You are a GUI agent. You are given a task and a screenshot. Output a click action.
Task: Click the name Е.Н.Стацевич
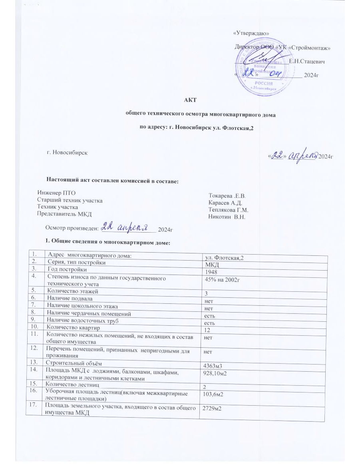tap(306, 62)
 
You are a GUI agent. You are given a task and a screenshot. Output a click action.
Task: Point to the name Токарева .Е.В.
tap(227, 196)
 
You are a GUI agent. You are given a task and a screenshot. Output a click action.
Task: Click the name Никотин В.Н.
tap(226, 217)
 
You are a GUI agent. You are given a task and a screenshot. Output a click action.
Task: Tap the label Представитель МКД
tap(64, 214)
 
